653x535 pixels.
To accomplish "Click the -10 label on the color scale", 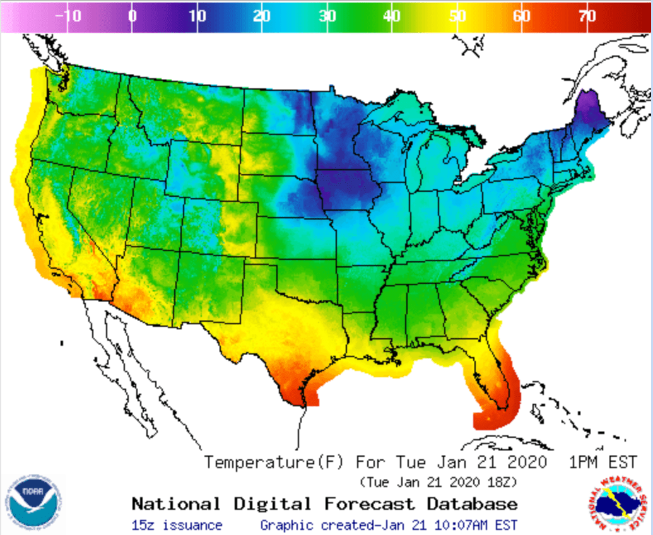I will [x=68, y=16].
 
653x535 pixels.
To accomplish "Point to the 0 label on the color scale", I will [x=132, y=16].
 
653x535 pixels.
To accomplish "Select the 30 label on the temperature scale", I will [x=327, y=16].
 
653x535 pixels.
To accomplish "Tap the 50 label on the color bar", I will [x=457, y=16].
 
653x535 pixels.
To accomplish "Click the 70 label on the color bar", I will [x=587, y=16].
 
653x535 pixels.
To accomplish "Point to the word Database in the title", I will [x=473, y=504].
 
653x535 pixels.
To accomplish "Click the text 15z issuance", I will [x=177, y=525].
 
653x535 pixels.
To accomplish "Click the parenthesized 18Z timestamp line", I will [x=438, y=483].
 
